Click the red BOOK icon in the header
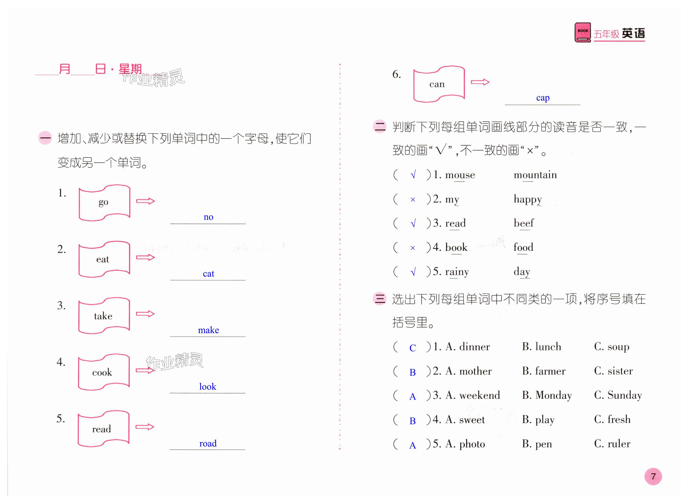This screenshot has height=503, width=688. pyautogui.click(x=582, y=32)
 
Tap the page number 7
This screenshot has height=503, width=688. pyautogui.click(x=653, y=476)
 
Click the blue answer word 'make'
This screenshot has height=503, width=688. pyautogui.click(x=208, y=330)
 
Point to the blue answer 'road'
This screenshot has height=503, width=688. pyautogui.click(x=208, y=443)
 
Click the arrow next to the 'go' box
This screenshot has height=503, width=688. pyautogui.click(x=145, y=201)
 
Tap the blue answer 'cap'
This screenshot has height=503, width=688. pyautogui.click(x=543, y=98)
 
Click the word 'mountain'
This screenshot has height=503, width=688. pyautogui.click(x=535, y=175)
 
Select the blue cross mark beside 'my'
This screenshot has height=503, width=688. pyautogui.click(x=413, y=200)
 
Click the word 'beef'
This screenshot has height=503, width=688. pyautogui.click(x=523, y=223)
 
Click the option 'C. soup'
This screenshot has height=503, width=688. pyautogui.click(x=611, y=347)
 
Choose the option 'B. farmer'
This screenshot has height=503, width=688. pyautogui.click(x=544, y=371)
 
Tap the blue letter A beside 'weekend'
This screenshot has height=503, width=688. pyautogui.click(x=412, y=396)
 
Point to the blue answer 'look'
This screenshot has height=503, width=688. pyautogui.click(x=208, y=387)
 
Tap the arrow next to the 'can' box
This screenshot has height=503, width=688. pyautogui.click(x=480, y=82)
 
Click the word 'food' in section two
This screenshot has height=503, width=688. pyautogui.click(x=523, y=247)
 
